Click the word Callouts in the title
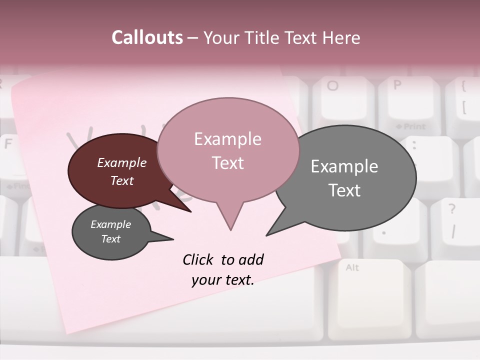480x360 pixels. point(147,37)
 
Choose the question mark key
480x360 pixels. point(452,220)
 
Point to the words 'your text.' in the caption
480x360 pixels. point(223,280)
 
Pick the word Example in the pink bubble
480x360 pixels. point(227,139)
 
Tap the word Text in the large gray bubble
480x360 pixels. point(344,190)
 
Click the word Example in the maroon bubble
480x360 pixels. point(122,162)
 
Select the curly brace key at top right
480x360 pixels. point(464,100)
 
